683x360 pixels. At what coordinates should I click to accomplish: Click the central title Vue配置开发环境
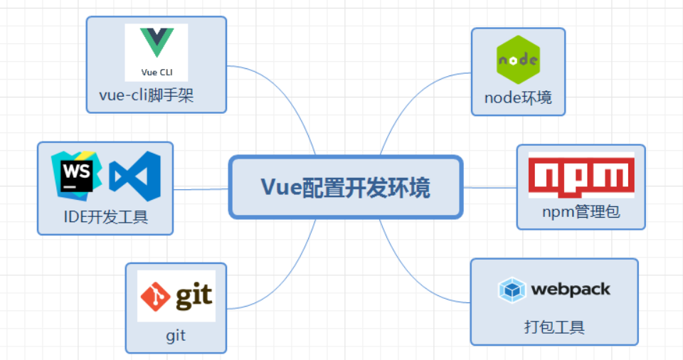(345, 188)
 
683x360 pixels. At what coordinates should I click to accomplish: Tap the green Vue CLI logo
(157, 42)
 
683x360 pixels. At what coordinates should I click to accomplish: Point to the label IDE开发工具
(106, 216)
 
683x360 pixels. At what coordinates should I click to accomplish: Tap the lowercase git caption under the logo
(176, 335)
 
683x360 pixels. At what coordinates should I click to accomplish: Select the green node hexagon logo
(517, 60)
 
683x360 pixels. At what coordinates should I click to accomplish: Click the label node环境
(518, 97)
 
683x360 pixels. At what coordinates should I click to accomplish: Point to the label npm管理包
(581, 212)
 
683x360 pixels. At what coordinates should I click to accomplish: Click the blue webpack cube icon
(512, 290)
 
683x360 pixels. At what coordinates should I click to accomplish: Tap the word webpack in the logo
(571, 290)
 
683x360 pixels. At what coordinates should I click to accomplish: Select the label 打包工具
(554, 328)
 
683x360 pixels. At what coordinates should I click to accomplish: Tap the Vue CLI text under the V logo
(157, 72)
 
